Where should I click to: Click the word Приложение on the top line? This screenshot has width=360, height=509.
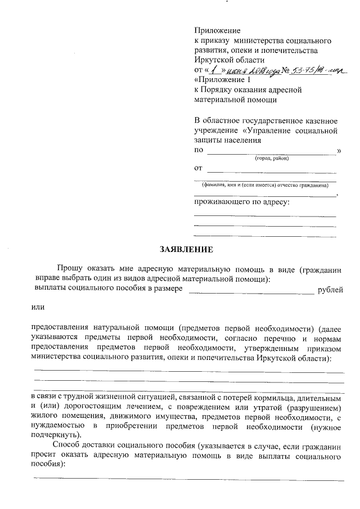(217, 30)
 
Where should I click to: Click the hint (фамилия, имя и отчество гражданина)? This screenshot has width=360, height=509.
(265, 186)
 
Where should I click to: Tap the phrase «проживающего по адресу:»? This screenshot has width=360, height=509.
(241, 201)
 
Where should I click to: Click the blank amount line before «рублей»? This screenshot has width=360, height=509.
(251, 290)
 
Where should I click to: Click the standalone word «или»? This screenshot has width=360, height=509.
(38, 307)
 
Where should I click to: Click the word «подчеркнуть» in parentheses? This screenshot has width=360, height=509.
(56, 435)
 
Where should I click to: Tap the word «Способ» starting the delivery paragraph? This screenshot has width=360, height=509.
(67, 445)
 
